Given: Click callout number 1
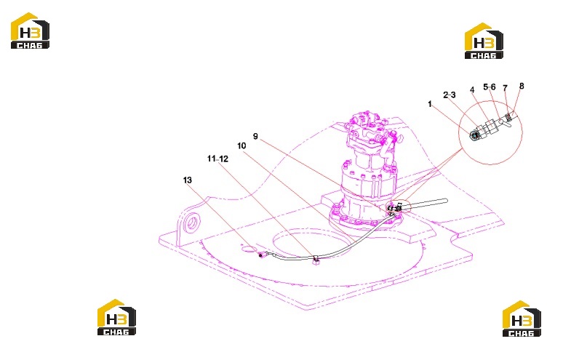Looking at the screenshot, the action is [430, 105].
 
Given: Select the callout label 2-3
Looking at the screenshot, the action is [450, 95].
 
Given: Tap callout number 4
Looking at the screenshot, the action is [472, 90].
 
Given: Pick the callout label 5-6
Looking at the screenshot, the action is [490, 87].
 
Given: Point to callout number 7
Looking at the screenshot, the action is [505, 88].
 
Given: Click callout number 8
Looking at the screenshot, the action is [522, 86].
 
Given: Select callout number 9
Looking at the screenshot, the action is [255, 136].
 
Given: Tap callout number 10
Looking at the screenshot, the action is [241, 146].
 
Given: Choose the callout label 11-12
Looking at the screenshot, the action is [217, 159].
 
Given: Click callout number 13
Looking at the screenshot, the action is [187, 180].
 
